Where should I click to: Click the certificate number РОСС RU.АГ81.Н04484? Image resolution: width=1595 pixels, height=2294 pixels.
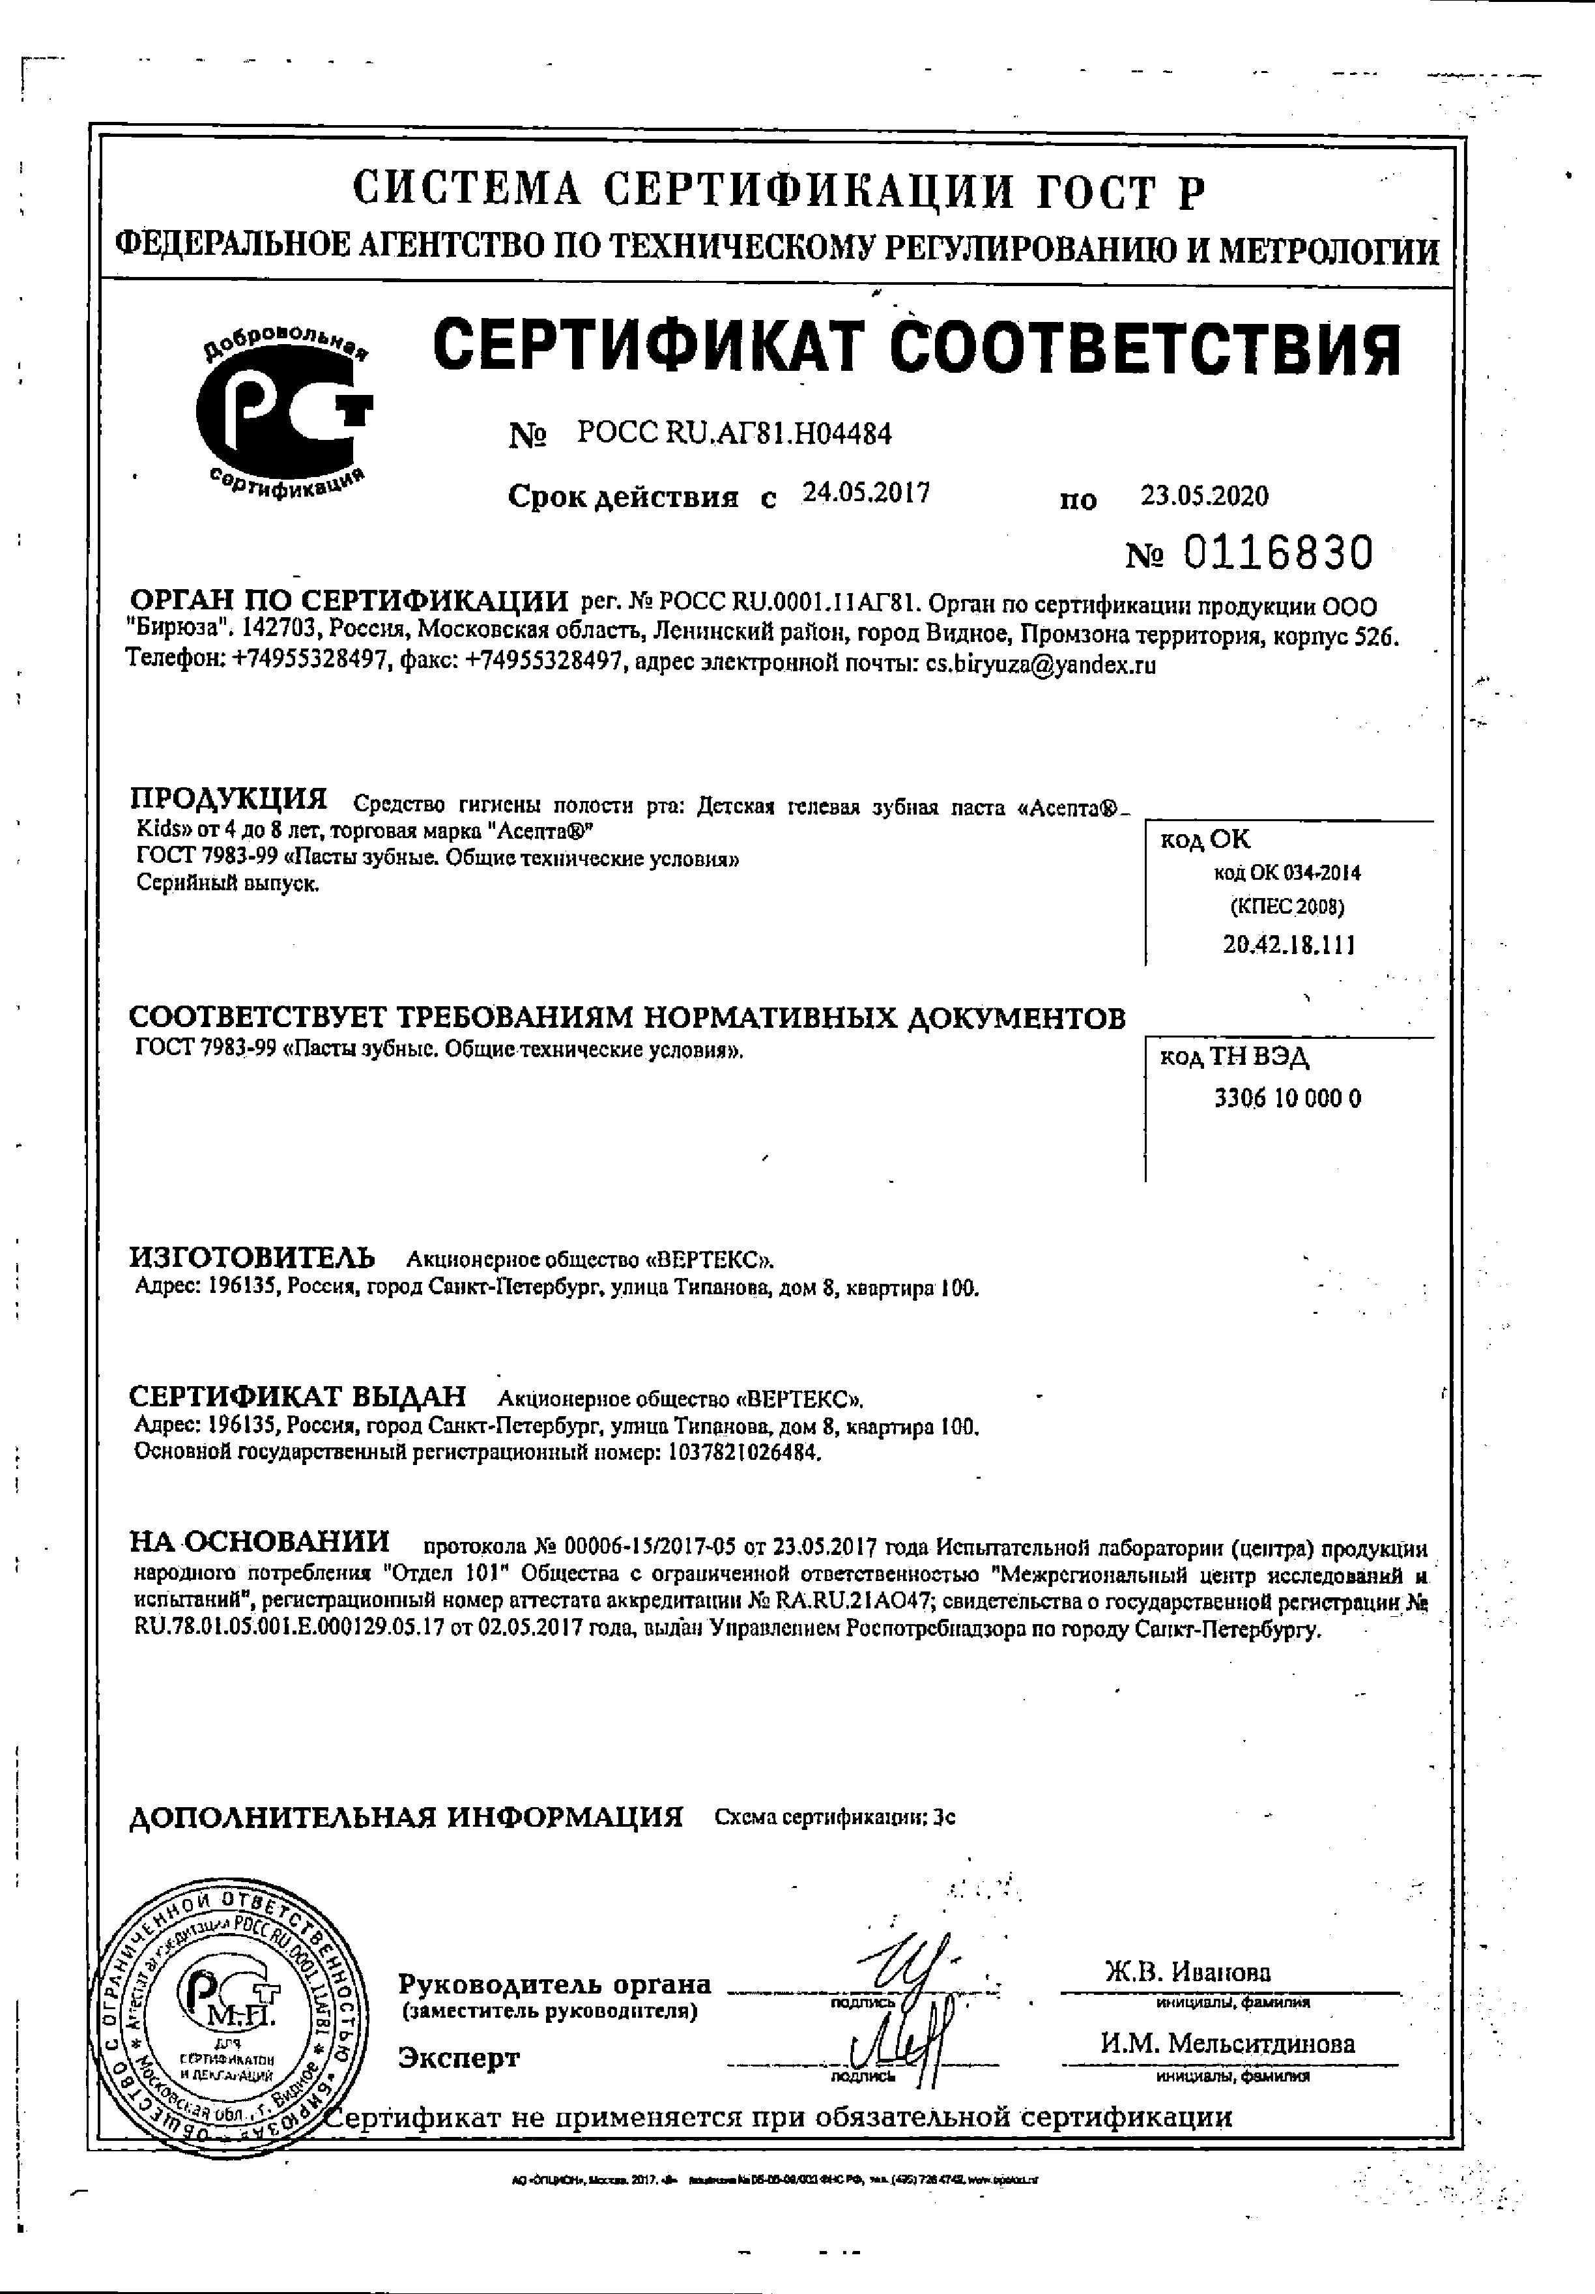point(734,433)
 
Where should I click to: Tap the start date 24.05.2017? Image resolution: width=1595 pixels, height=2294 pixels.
point(866,493)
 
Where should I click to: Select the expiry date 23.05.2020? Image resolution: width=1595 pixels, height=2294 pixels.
point(1203,495)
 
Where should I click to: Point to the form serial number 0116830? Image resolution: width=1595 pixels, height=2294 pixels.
point(1278,553)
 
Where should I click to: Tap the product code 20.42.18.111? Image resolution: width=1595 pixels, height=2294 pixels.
point(1288,944)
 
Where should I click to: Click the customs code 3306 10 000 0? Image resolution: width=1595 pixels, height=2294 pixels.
point(1287,1099)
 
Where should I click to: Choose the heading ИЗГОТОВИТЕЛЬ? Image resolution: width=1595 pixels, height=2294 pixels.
point(253,1257)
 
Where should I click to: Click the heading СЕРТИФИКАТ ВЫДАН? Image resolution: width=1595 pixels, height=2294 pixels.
point(298,1396)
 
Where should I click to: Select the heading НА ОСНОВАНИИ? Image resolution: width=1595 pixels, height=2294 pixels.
point(260,1541)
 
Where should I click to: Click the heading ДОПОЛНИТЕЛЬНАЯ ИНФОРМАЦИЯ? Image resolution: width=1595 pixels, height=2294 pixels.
point(407,1816)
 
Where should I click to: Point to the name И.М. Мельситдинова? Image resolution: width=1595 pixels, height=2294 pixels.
point(1228,2043)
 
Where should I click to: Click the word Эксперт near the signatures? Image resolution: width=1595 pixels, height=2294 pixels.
point(459,2057)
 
